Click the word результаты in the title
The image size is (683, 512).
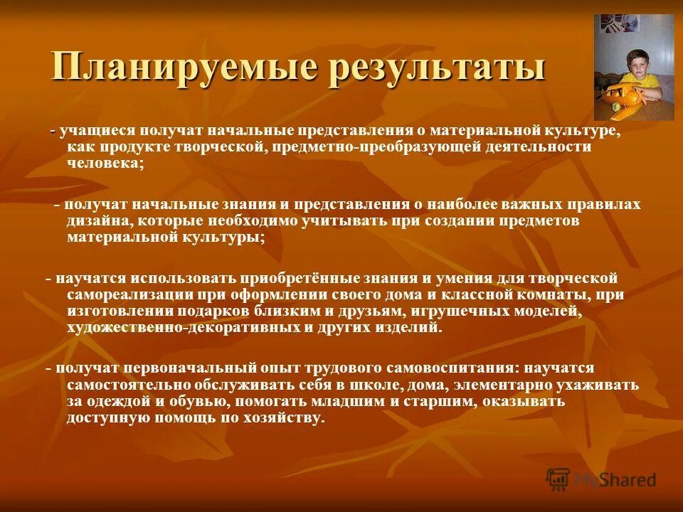(425, 68)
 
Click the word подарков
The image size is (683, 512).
(206, 311)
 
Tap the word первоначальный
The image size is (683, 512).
(188, 368)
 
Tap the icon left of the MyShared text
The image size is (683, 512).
(558, 479)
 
